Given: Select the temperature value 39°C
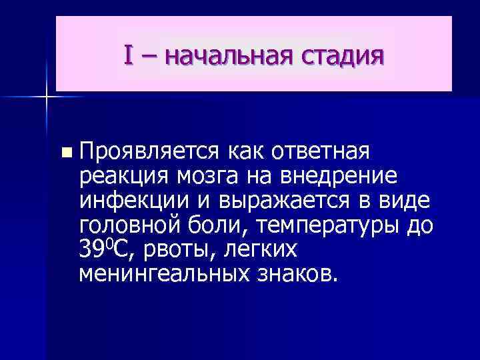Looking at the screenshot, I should [107, 249].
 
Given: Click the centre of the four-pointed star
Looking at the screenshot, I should [46, 97].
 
